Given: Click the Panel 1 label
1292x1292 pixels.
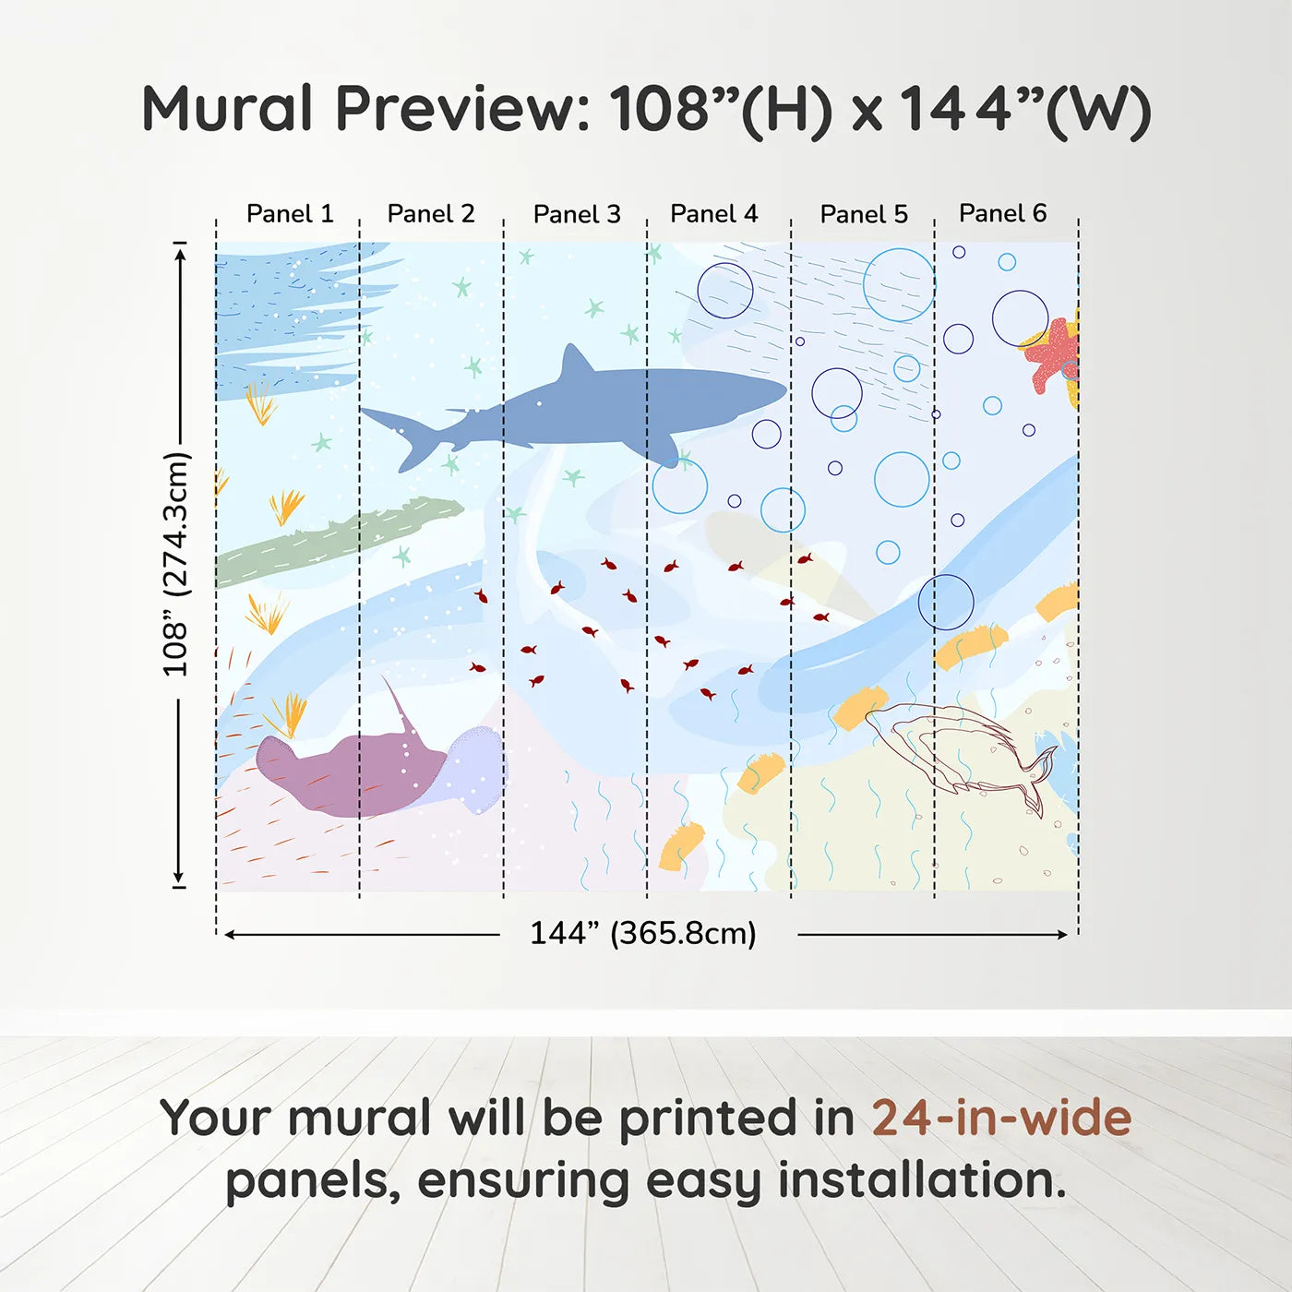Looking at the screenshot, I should click(x=289, y=214).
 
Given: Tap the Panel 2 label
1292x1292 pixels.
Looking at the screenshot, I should click(x=430, y=214).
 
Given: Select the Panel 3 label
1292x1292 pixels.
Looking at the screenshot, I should click(x=577, y=214).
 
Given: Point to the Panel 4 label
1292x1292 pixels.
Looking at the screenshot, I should click(x=713, y=214).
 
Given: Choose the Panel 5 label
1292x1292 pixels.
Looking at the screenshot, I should click(x=864, y=214).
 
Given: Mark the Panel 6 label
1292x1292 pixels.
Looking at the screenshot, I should click(x=1002, y=213).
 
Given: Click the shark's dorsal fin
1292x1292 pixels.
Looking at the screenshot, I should click(x=576, y=362).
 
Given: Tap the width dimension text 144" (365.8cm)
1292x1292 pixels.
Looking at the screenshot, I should click(x=642, y=934).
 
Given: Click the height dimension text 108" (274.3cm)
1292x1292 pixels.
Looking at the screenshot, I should click(x=175, y=564).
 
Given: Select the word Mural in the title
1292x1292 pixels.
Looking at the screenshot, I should click(x=227, y=109).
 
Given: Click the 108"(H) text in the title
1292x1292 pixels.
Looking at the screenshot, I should click(x=721, y=110).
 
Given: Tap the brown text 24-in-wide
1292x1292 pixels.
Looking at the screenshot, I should click(x=1001, y=1118).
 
